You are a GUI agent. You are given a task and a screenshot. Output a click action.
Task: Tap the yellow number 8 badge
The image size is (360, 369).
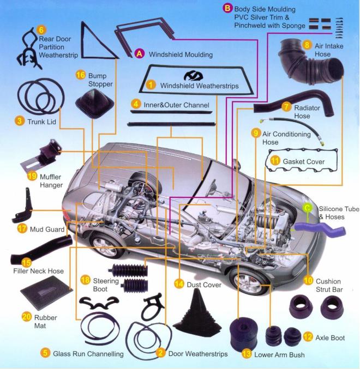(307, 45)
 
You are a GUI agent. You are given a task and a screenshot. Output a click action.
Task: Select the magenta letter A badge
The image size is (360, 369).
(140, 54)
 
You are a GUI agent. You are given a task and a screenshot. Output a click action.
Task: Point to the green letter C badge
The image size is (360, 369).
(307, 208)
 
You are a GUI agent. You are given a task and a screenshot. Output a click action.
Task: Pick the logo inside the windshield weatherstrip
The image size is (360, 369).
(193, 76)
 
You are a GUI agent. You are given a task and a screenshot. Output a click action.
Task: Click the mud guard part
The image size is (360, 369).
(22, 207)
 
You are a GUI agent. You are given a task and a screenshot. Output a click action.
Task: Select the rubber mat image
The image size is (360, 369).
(46, 293)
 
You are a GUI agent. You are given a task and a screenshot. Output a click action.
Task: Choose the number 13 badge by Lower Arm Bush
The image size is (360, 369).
(247, 354)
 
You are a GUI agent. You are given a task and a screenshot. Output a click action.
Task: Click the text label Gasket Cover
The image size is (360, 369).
(303, 162)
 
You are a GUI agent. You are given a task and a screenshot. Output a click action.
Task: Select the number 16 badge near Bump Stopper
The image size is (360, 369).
(80, 75)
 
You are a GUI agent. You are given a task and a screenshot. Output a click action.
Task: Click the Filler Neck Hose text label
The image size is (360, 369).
(38, 271)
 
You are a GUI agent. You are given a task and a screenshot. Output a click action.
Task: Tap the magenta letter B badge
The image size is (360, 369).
(227, 9)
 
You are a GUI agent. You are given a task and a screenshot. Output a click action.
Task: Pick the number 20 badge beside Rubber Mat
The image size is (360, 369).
(26, 317)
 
